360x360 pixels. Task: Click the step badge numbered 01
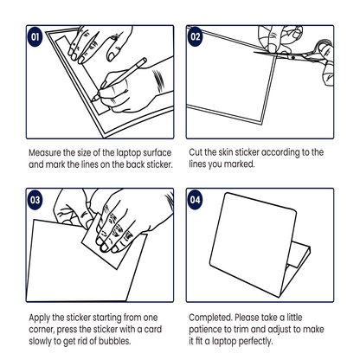coord(35,36)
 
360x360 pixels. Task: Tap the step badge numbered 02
coord(195,36)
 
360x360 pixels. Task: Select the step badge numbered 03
coord(35,200)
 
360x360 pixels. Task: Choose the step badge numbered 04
coord(195,200)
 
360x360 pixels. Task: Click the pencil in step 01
coord(119,80)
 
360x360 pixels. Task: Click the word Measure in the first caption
coord(45,152)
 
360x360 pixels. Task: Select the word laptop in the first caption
coord(129,153)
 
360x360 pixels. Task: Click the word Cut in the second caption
coord(196,152)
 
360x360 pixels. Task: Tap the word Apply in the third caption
coord(40,318)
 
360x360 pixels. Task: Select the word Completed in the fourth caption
coord(210,318)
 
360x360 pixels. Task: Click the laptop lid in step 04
coord(253,245)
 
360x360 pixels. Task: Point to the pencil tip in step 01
coord(93,100)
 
